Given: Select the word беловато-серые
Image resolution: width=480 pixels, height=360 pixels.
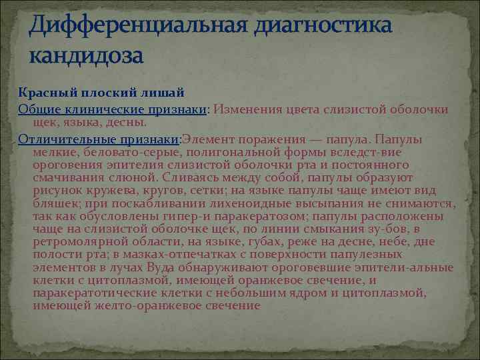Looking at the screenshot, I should pyautogui.click(x=111, y=152).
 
